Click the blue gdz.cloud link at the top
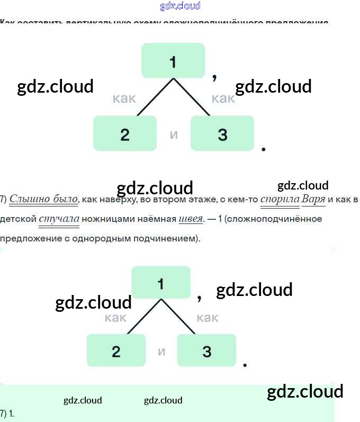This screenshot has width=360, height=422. (180, 6)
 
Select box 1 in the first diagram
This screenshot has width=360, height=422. (173, 60)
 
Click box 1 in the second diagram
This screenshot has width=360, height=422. (161, 283)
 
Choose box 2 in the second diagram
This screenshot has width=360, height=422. (116, 351)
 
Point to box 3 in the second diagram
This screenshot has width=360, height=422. (206, 351)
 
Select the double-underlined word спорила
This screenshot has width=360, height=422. (280, 200)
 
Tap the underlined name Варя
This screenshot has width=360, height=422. (313, 200)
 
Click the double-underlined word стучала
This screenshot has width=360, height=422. (59, 219)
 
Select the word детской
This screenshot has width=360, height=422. (18, 219)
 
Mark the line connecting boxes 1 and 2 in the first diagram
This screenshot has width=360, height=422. (155, 97)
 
